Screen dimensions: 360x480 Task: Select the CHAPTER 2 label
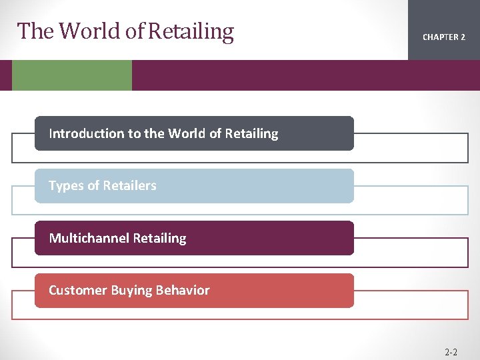pyautogui.click(x=444, y=37)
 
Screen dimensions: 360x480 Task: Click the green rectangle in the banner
pyautogui.click(x=72, y=75)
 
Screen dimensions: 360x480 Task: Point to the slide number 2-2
pyautogui.click(x=451, y=351)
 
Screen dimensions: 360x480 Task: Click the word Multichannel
pyautogui.click(x=89, y=238)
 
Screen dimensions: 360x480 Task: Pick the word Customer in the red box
pyautogui.click(x=75, y=290)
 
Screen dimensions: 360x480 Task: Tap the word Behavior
pyautogui.click(x=182, y=290)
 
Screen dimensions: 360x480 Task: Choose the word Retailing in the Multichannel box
pyautogui.click(x=160, y=238)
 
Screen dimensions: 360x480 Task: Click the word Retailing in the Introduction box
pyautogui.click(x=251, y=133)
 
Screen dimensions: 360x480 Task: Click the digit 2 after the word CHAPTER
pyautogui.click(x=463, y=37)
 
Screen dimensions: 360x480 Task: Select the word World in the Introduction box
pyautogui.click(x=187, y=133)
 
